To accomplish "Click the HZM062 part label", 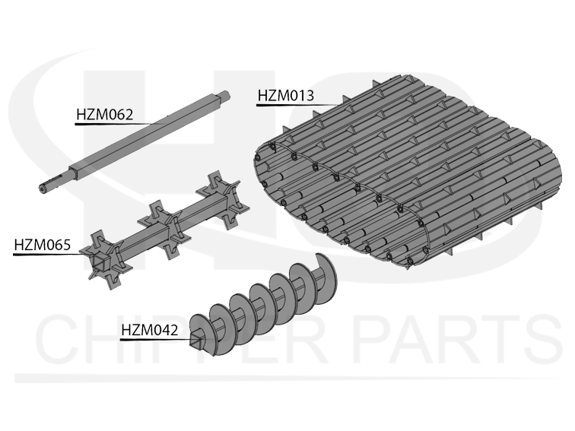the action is pyautogui.click(x=104, y=115).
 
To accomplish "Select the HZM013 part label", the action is pyautogui.click(x=286, y=96).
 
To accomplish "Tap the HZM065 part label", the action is pyautogui.click(x=42, y=245).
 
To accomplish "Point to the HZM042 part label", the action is pyautogui.click(x=150, y=330).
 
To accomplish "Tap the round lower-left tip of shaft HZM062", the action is pyautogui.click(x=43, y=189).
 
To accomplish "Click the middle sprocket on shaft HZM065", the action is pyautogui.click(x=164, y=230).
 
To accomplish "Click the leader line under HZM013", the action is pyautogui.click(x=297, y=105).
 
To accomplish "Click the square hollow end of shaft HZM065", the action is pyautogui.click(x=100, y=261).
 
